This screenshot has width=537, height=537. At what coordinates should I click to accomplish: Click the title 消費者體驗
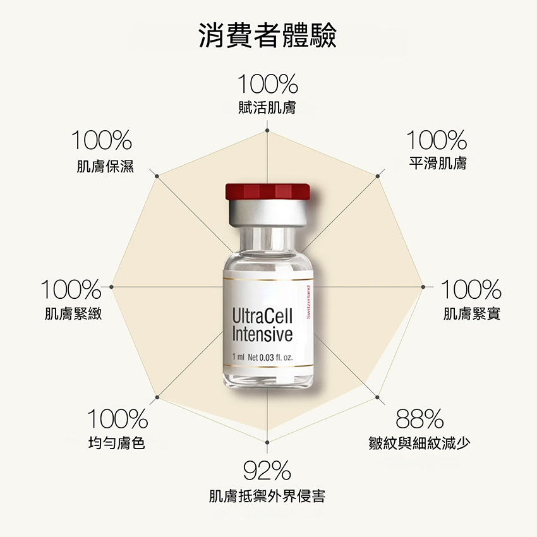pos(268,36)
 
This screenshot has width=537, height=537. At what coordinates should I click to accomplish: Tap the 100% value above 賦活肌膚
pos(268,84)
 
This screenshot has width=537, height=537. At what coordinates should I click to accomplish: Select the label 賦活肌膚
pos(268,107)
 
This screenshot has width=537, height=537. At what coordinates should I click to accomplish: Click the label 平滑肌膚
pos(437,163)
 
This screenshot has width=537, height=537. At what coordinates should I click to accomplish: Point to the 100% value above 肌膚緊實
pos(471,290)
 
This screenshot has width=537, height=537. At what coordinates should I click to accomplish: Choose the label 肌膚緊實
pos(471,313)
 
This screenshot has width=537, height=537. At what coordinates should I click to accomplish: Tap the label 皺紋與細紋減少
pos(419,443)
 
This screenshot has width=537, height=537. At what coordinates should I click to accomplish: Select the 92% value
pos(267,471)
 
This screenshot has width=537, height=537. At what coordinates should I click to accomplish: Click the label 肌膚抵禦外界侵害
pos(267,496)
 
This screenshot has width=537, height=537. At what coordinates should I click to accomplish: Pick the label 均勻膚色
pos(117,443)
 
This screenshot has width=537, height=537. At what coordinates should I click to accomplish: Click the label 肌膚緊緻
pos(73,313)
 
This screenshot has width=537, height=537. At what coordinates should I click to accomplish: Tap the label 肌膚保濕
pos(105,167)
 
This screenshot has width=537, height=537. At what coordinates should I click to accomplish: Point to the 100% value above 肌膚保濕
pos(102,140)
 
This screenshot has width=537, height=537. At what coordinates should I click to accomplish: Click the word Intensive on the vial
pos(262,334)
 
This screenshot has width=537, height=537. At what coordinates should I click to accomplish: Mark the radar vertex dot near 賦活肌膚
pos(267,131)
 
